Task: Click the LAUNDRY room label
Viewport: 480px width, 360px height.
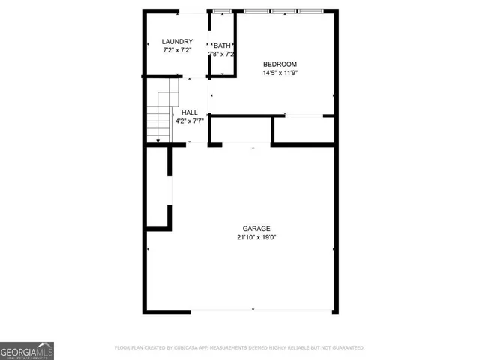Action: pos(178,42)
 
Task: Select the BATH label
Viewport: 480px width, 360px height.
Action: pos(223,46)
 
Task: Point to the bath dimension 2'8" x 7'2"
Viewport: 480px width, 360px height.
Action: pos(222,55)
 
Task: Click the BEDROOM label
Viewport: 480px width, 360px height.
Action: pos(280,64)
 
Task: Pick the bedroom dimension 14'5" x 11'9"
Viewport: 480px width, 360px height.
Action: pos(280,73)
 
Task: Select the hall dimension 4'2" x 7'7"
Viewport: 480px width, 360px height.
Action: pos(189,121)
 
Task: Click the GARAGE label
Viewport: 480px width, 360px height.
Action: pos(256,228)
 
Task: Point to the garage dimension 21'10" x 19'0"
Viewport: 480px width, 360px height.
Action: pos(256,238)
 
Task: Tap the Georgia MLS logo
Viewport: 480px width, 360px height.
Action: pos(27,351)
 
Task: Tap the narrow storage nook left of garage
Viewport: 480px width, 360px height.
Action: pos(158,187)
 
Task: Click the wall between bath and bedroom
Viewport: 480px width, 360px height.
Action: pos(235,45)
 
